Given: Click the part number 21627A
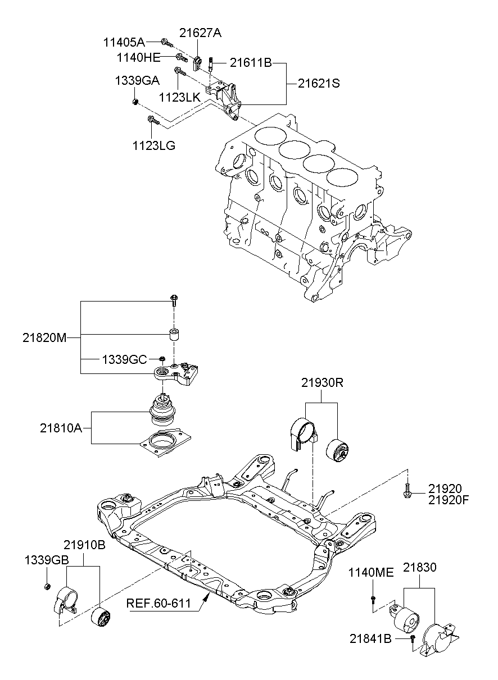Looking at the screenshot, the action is click(200, 33).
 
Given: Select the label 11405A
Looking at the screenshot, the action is click(124, 43).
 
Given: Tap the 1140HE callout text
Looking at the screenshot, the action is click(139, 57).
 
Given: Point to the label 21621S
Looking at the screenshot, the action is click(319, 83).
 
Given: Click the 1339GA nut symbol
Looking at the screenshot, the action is click(136, 102).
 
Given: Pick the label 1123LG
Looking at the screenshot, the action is click(154, 146).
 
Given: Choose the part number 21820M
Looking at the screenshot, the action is click(44, 337).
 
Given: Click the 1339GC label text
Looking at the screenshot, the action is click(124, 360).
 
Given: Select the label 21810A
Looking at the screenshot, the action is click(61, 428).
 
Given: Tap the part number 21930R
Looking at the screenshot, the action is click(323, 383).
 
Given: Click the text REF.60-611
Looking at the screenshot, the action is click(159, 603).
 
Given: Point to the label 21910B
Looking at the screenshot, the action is click(84, 545).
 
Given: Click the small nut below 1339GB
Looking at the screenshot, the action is click(47, 586).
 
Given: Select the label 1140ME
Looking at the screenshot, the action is click(371, 573).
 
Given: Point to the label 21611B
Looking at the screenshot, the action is click(251, 63).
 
